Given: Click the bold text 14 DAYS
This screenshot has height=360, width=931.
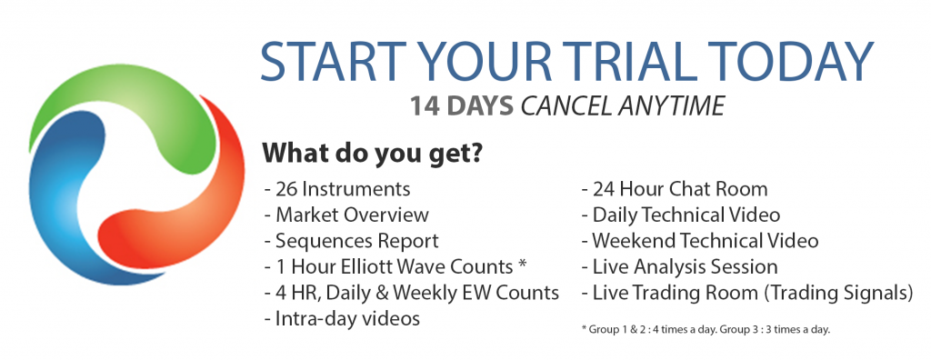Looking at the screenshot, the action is tap(461, 105).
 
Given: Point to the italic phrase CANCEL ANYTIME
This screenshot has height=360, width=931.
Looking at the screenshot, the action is tap(623, 105).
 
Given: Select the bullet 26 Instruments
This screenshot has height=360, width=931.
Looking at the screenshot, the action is tap(337, 189).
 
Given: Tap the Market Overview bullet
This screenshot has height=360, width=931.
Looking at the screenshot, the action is tap(346, 215).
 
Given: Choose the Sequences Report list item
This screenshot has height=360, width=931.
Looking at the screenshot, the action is tap(352, 241).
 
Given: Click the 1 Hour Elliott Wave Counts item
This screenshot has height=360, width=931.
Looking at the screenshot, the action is tap(395, 266).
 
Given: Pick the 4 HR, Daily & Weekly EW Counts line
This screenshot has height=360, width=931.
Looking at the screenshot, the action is tap(412, 293).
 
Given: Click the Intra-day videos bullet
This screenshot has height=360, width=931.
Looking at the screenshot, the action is tap(342, 318).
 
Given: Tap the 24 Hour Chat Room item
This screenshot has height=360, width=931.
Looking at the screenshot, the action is tap(674, 189).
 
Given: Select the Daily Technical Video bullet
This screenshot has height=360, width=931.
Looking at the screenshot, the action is tap(680, 215).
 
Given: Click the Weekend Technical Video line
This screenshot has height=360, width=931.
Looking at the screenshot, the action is tap(699, 241).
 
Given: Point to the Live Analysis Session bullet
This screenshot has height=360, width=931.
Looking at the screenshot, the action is tap(679, 266).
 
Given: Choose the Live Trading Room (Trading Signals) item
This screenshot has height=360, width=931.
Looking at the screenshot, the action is tap(747, 293).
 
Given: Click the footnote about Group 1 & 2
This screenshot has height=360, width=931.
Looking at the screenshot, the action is tap(706, 329).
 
